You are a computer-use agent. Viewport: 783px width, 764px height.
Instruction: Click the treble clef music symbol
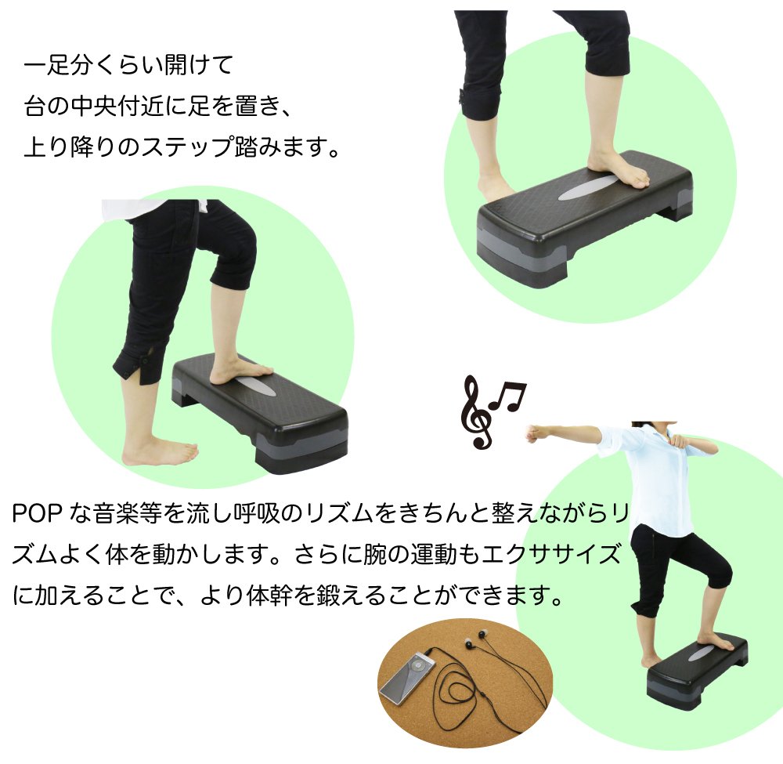(x=476, y=413)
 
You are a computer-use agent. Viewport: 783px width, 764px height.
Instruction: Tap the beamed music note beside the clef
(x=508, y=396)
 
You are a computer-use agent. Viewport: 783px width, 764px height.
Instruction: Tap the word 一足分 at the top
(x=59, y=66)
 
